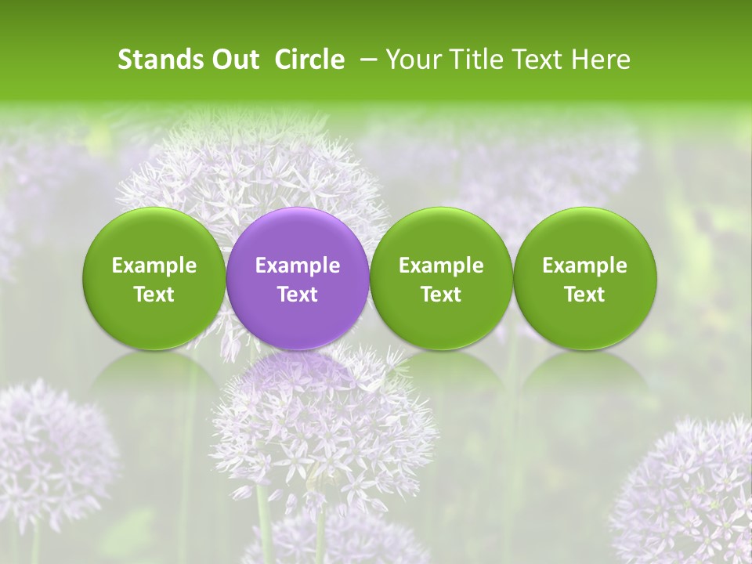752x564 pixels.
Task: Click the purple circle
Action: [x=298, y=235]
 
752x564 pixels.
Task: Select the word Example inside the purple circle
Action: [x=298, y=266]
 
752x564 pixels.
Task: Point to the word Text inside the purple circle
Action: [x=298, y=295]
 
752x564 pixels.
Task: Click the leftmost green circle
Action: [x=154, y=235]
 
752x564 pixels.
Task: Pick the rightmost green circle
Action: [x=585, y=235]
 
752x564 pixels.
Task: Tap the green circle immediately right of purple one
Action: [x=441, y=235]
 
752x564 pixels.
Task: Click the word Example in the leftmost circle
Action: [x=154, y=266]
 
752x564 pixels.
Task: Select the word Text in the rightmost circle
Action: [x=585, y=295]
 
